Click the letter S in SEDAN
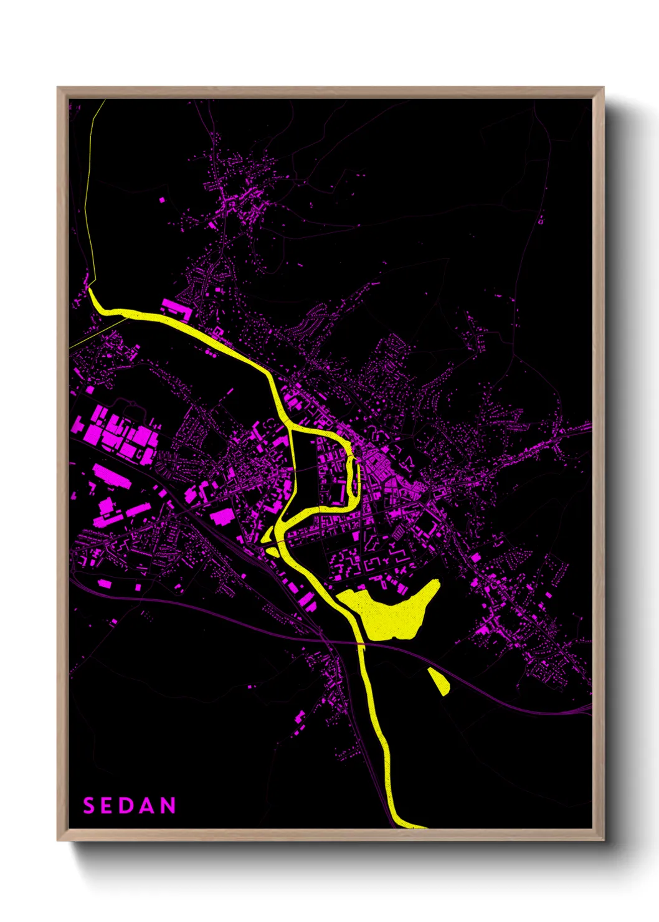click(x=89, y=806)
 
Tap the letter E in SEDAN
click(x=107, y=806)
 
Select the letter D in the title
click(x=126, y=806)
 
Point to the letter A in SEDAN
click(x=146, y=806)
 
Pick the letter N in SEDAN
click(x=168, y=806)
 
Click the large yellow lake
click(x=389, y=614)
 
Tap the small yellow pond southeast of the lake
click(x=439, y=682)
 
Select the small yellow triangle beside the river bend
click(x=272, y=551)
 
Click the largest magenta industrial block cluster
click(x=115, y=433)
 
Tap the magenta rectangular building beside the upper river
click(x=177, y=308)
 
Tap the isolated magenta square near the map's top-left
click(x=163, y=201)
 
